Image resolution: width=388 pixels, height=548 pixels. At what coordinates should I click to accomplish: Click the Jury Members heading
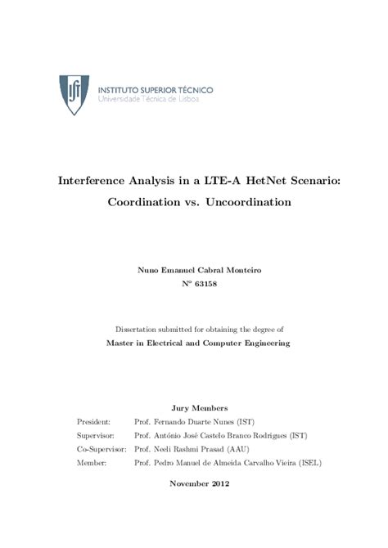(x=194, y=407)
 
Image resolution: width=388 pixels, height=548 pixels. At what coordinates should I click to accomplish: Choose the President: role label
(x=92, y=422)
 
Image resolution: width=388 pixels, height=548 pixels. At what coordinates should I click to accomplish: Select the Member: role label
(x=89, y=463)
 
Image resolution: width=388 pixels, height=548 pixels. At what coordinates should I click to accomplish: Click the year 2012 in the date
(x=217, y=483)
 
